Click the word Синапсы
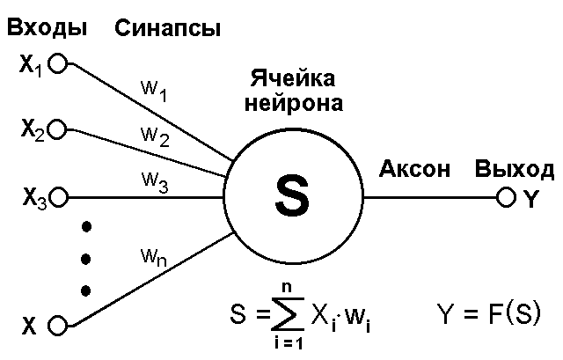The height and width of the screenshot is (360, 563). pyautogui.click(x=167, y=29)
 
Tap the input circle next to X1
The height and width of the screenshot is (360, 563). pyautogui.click(x=58, y=63)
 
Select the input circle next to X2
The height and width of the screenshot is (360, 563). pyautogui.click(x=58, y=130)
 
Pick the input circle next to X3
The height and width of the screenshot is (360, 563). pyautogui.click(x=58, y=196)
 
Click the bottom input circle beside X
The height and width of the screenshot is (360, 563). pyautogui.click(x=58, y=326)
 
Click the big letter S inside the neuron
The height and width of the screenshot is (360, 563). pyautogui.click(x=292, y=196)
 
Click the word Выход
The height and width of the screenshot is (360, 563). pyautogui.click(x=515, y=169)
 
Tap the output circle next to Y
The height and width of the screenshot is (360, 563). pyautogui.click(x=505, y=197)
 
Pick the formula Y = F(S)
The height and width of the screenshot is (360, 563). pyautogui.click(x=489, y=312)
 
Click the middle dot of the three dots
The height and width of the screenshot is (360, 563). pyautogui.click(x=86, y=259)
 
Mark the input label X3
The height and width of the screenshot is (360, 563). pyautogui.click(x=34, y=198)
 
